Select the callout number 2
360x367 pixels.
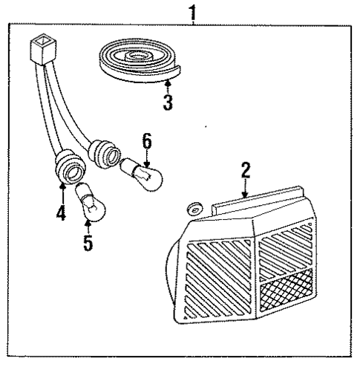(x=245, y=172)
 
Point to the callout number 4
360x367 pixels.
(x=62, y=215)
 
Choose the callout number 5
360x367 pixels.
(x=88, y=242)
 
